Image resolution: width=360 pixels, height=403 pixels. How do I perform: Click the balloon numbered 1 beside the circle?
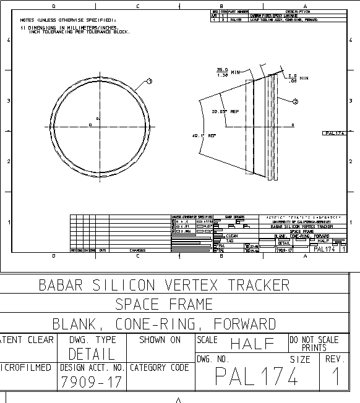[x=149, y=81]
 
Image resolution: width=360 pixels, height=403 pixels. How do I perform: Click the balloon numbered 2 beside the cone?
[x=295, y=101]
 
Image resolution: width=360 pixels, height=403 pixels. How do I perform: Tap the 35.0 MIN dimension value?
[x=223, y=72]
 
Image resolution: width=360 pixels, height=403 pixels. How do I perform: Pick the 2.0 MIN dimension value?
[x=293, y=77]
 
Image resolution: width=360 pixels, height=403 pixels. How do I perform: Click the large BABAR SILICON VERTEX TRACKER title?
[x=164, y=285]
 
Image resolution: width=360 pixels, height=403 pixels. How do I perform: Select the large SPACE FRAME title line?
[x=164, y=304]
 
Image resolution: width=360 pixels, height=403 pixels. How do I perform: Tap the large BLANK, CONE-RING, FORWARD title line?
[x=164, y=324]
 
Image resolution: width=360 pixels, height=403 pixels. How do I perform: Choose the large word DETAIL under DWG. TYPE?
[x=92, y=354]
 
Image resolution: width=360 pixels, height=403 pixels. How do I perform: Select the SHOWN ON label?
[x=160, y=340]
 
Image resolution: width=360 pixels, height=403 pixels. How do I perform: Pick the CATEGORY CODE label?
[x=160, y=368]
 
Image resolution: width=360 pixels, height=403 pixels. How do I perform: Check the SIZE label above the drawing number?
[x=300, y=359]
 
